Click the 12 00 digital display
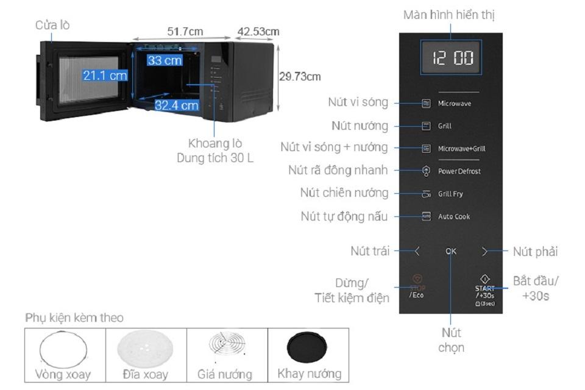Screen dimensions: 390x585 pos(452,59)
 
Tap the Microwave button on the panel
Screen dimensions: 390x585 pos(454,104)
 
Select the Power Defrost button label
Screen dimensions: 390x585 pos(459,171)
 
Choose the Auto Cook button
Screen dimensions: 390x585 pos(454,216)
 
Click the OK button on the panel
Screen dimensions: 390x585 pos(451,250)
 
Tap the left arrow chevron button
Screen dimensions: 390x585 pos(417,250)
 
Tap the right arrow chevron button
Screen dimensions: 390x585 pos(485,250)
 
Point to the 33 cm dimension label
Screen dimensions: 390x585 pos(165,60)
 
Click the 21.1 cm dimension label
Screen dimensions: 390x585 pos(105,75)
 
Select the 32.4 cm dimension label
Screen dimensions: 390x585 pos(176,105)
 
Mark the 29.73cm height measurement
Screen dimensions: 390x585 pos(300,76)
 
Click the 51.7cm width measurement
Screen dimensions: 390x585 pos(185,31)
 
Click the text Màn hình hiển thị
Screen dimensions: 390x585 pos(453,15)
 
